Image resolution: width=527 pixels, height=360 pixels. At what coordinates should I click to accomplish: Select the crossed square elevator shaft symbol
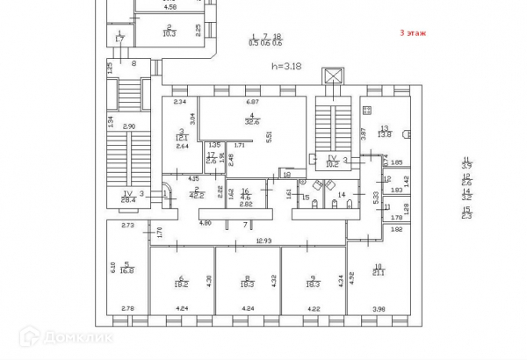click(x=332, y=76)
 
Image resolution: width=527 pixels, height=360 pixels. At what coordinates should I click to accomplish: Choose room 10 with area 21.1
click(x=379, y=270)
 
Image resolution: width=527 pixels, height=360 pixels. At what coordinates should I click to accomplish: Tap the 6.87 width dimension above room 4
click(x=250, y=103)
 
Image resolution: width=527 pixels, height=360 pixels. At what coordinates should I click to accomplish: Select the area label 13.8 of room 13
click(x=384, y=133)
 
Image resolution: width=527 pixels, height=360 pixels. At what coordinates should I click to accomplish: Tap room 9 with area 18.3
click(x=313, y=284)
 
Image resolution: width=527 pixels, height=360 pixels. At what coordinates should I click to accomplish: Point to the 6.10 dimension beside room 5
click(x=112, y=268)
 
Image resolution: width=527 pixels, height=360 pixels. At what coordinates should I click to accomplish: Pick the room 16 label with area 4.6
click(x=246, y=198)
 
